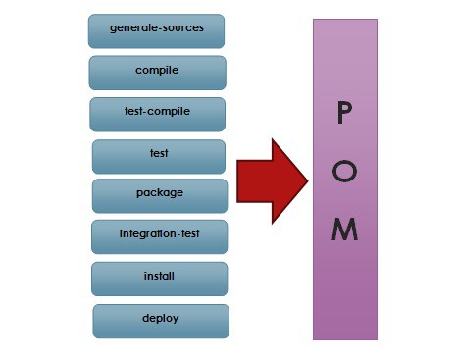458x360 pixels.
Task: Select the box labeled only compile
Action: tap(157, 72)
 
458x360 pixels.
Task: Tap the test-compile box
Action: tap(157, 113)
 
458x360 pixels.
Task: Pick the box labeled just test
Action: tap(158, 155)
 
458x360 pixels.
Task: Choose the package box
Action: tap(159, 194)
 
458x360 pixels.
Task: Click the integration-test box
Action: tap(159, 235)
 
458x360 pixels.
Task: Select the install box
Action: tap(159, 278)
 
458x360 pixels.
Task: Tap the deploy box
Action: tap(161, 320)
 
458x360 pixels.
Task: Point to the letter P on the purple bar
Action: tap(344, 114)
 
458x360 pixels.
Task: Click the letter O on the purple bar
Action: tap(344, 172)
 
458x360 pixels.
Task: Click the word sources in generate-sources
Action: tap(181, 28)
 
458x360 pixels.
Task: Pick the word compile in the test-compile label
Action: tap(171, 112)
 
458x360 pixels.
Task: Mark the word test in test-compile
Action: tap(134, 112)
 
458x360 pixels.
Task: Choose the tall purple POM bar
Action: tap(344, 294)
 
